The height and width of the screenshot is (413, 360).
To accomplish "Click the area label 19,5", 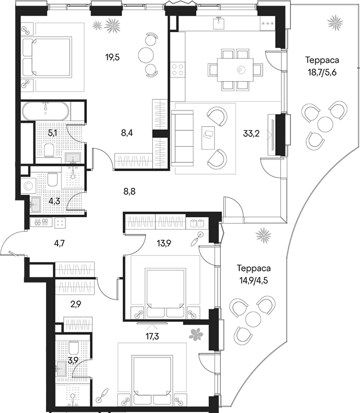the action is (113, 57).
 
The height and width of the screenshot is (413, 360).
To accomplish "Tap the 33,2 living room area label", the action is (251, 133).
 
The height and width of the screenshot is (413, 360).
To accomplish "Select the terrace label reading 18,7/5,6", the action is (322, 72).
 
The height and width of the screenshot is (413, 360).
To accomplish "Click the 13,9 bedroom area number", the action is (164, 243).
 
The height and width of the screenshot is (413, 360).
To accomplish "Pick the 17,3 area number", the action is (153, 336).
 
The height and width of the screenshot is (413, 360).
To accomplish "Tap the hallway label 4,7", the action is (59, 243).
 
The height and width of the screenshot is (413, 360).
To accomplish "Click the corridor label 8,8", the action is (129, 192).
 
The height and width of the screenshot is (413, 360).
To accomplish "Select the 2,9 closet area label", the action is (75, 305).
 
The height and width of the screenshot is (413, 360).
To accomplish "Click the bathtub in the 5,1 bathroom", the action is (46, 111).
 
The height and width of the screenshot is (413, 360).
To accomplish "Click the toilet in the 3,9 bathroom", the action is (73, 348).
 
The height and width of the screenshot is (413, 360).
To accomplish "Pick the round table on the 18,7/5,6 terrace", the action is (325, 125).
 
